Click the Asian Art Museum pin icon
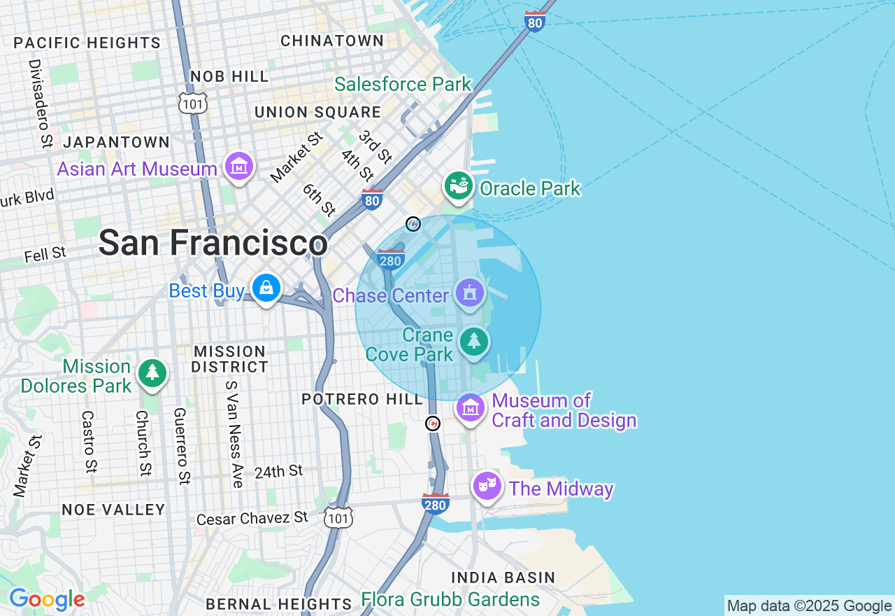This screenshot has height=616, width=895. [x=239, y=167]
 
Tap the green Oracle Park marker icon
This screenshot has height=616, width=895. [x=459, y=186]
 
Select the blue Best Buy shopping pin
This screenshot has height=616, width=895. [x=266, y=288]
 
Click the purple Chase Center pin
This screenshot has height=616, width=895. [x=470, y=293]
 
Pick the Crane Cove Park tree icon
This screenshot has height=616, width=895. [x=474, y=342]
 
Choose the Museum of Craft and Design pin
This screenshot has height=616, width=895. [x=470, y=407]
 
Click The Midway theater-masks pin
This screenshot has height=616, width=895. [x=487, y=484]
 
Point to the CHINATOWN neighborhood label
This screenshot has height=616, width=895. [x=332, y=41]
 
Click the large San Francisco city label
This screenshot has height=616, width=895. [x=213, y=244]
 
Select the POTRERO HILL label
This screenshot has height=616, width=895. [x=362, y=399]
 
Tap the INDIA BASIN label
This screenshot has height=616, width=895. [x=503, y=577]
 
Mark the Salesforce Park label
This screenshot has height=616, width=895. [x=403, y=85]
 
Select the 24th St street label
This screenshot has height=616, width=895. [x=278, y=472]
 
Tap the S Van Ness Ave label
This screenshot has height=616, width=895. [x=233, y=434]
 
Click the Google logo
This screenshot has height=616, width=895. [x=47, y=599]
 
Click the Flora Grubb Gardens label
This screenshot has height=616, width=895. [x=450, y=600]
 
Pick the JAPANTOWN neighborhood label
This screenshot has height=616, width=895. [x=116, y=142]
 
